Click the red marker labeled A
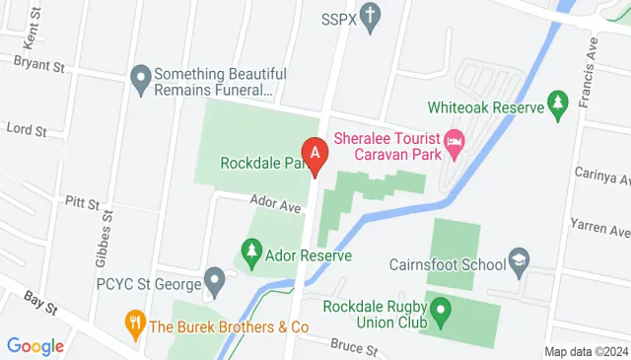(x=315, y=154)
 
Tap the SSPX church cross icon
(x=371, y=16)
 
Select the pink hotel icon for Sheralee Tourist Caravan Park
(x=455, y=144)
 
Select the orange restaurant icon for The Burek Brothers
(x=133, y=322)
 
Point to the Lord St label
(x=27, y=129)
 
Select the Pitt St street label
(x=82, y=204)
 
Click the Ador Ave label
(x=275, y=205)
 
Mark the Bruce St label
(x=355, y=348)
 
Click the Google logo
(x=35, y=346)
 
